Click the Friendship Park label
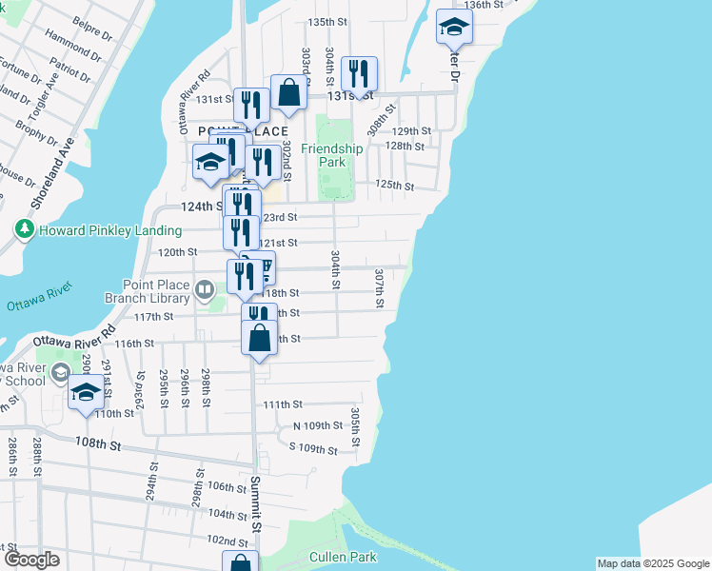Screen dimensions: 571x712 coord(332,155)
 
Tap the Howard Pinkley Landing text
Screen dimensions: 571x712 coord(109,230)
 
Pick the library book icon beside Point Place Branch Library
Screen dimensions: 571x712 coord(204,288)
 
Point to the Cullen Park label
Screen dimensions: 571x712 coord(343,557)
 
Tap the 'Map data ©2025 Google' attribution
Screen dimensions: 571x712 coord(652,563)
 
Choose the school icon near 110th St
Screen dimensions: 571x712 coord(87,393)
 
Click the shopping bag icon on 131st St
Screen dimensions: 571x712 coord(289,92)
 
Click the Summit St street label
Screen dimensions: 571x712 coord(256,503)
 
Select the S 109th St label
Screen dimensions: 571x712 coord(313,447)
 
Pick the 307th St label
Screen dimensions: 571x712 coord(379,287)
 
